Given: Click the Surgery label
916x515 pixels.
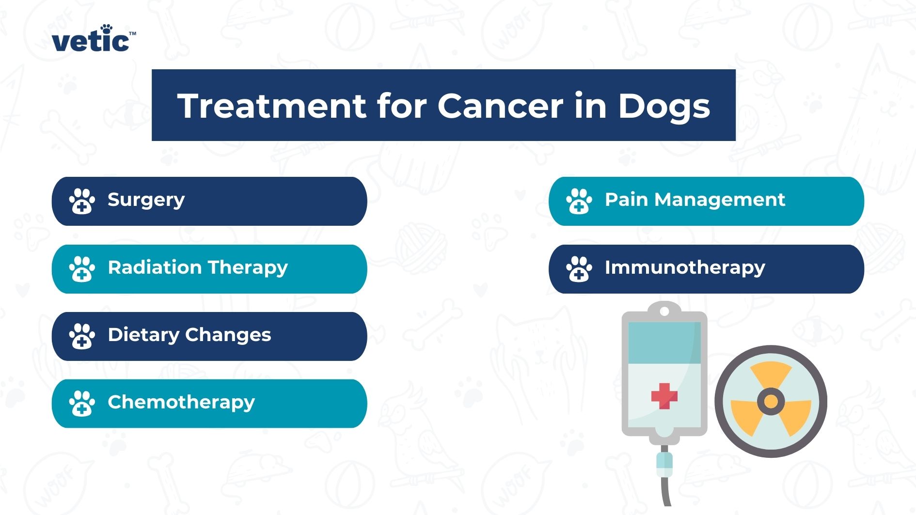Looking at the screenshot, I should pos(146,200).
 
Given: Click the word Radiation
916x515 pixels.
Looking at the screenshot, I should pos(154,267).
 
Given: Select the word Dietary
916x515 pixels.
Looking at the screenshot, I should pos(143,335).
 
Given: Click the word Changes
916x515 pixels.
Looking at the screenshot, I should pos(228,335).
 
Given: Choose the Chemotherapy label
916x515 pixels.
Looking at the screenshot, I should pos(181,403).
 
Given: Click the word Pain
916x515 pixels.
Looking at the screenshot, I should pos(626,200).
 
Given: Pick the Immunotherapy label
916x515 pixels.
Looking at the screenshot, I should pos(684,268).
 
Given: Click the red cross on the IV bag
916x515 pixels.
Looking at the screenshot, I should pos(664,396).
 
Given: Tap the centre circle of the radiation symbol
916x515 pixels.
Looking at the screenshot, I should pos(771,401).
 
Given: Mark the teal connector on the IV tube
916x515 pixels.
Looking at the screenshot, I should pos(664,464).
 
